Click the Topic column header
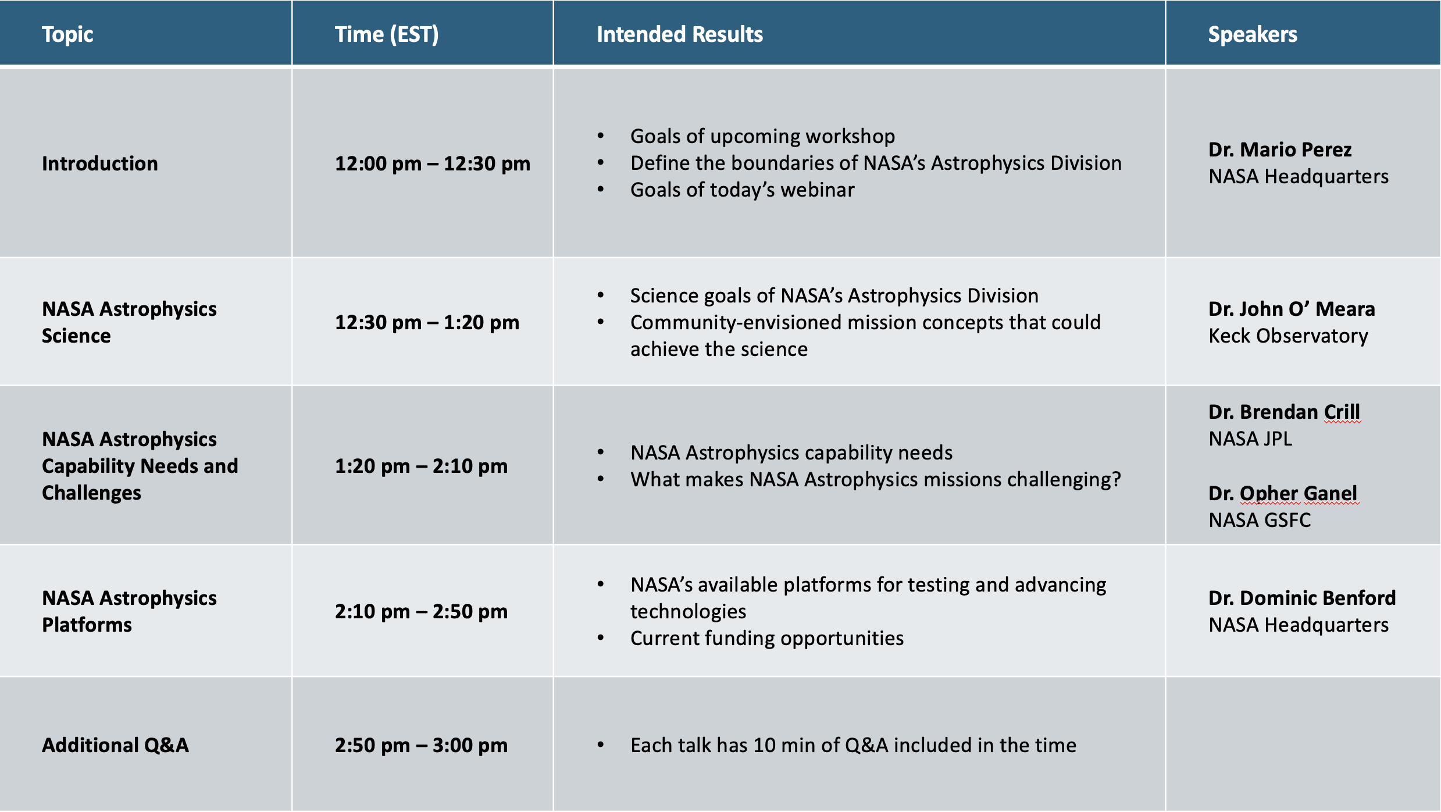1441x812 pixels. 67,35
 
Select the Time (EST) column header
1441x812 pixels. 387,35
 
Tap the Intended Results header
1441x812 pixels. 680,34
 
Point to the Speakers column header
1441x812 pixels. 1253,35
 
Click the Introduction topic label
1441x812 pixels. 100,163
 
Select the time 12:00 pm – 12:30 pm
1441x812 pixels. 433,163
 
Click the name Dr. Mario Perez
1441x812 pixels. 1280,149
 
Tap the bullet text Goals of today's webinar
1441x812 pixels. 743,190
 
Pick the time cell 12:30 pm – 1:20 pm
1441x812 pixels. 427,322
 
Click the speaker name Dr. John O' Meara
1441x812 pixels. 1292,309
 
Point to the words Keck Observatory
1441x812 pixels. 1288,336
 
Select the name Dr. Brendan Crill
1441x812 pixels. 1284,412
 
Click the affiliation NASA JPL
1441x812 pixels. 1250,439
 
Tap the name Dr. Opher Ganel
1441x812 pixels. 1283,493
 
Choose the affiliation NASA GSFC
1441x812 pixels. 1260,520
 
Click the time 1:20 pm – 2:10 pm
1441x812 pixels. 422,466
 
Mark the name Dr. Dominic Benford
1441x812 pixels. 1302,598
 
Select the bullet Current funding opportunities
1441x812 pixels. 767,638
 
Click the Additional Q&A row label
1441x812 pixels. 116,745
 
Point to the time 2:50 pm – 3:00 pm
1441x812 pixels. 422,745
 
